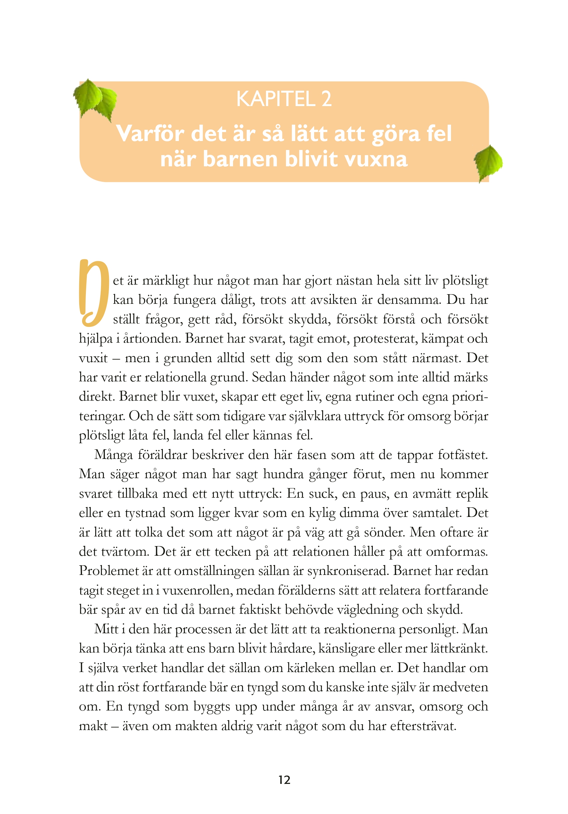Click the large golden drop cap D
(93, 293)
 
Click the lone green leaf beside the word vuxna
(488, 162)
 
